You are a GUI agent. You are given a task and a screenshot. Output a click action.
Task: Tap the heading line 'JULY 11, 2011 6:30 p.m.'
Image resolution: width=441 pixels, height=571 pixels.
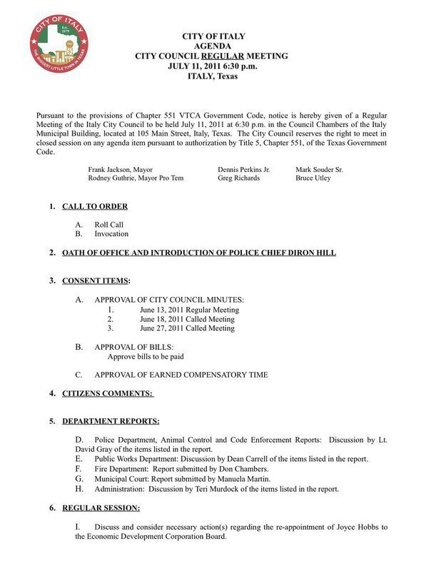click(213, 66)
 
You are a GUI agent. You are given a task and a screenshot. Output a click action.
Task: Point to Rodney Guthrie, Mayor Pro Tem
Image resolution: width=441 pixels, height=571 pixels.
click(136, 178)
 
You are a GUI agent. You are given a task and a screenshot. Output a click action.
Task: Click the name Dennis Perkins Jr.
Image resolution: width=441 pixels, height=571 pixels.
click(244, 170)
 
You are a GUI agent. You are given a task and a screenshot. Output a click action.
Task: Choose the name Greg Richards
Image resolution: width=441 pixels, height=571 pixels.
click(238, 178)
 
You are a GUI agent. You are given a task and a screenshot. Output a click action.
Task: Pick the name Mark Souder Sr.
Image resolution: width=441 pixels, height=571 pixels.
click(319, 170)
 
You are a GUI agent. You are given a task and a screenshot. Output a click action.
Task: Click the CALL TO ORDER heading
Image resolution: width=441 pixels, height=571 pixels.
click(95, 206)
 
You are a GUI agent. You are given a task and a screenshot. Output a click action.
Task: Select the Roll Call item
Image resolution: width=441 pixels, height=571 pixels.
click(109, 224)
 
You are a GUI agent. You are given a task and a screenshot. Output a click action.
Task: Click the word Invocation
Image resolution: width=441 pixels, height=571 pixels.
click(111, 233)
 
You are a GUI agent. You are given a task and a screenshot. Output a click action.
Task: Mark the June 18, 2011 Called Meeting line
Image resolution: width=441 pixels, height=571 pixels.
click(187, 319)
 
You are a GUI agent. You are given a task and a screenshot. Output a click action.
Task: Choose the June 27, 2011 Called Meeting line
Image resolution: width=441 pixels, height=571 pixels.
click(187, 328)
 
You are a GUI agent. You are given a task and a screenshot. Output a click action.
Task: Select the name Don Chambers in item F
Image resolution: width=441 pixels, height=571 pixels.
click(248, 469)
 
